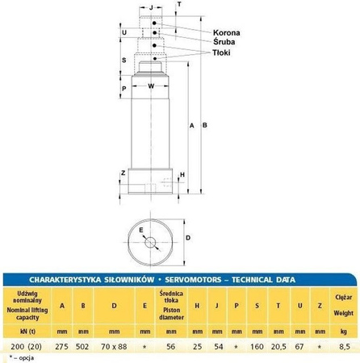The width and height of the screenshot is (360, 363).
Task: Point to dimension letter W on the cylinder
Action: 151,85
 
